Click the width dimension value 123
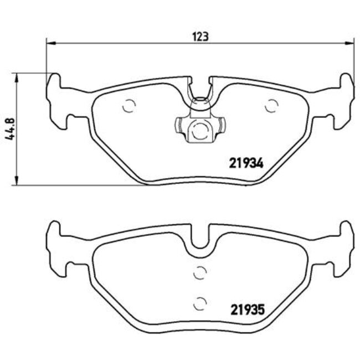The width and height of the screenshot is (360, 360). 200,37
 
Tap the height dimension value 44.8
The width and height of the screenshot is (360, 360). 8,128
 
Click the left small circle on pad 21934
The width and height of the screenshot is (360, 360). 129,106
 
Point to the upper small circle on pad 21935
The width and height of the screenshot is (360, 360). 200,272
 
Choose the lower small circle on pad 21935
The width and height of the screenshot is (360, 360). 200,302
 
